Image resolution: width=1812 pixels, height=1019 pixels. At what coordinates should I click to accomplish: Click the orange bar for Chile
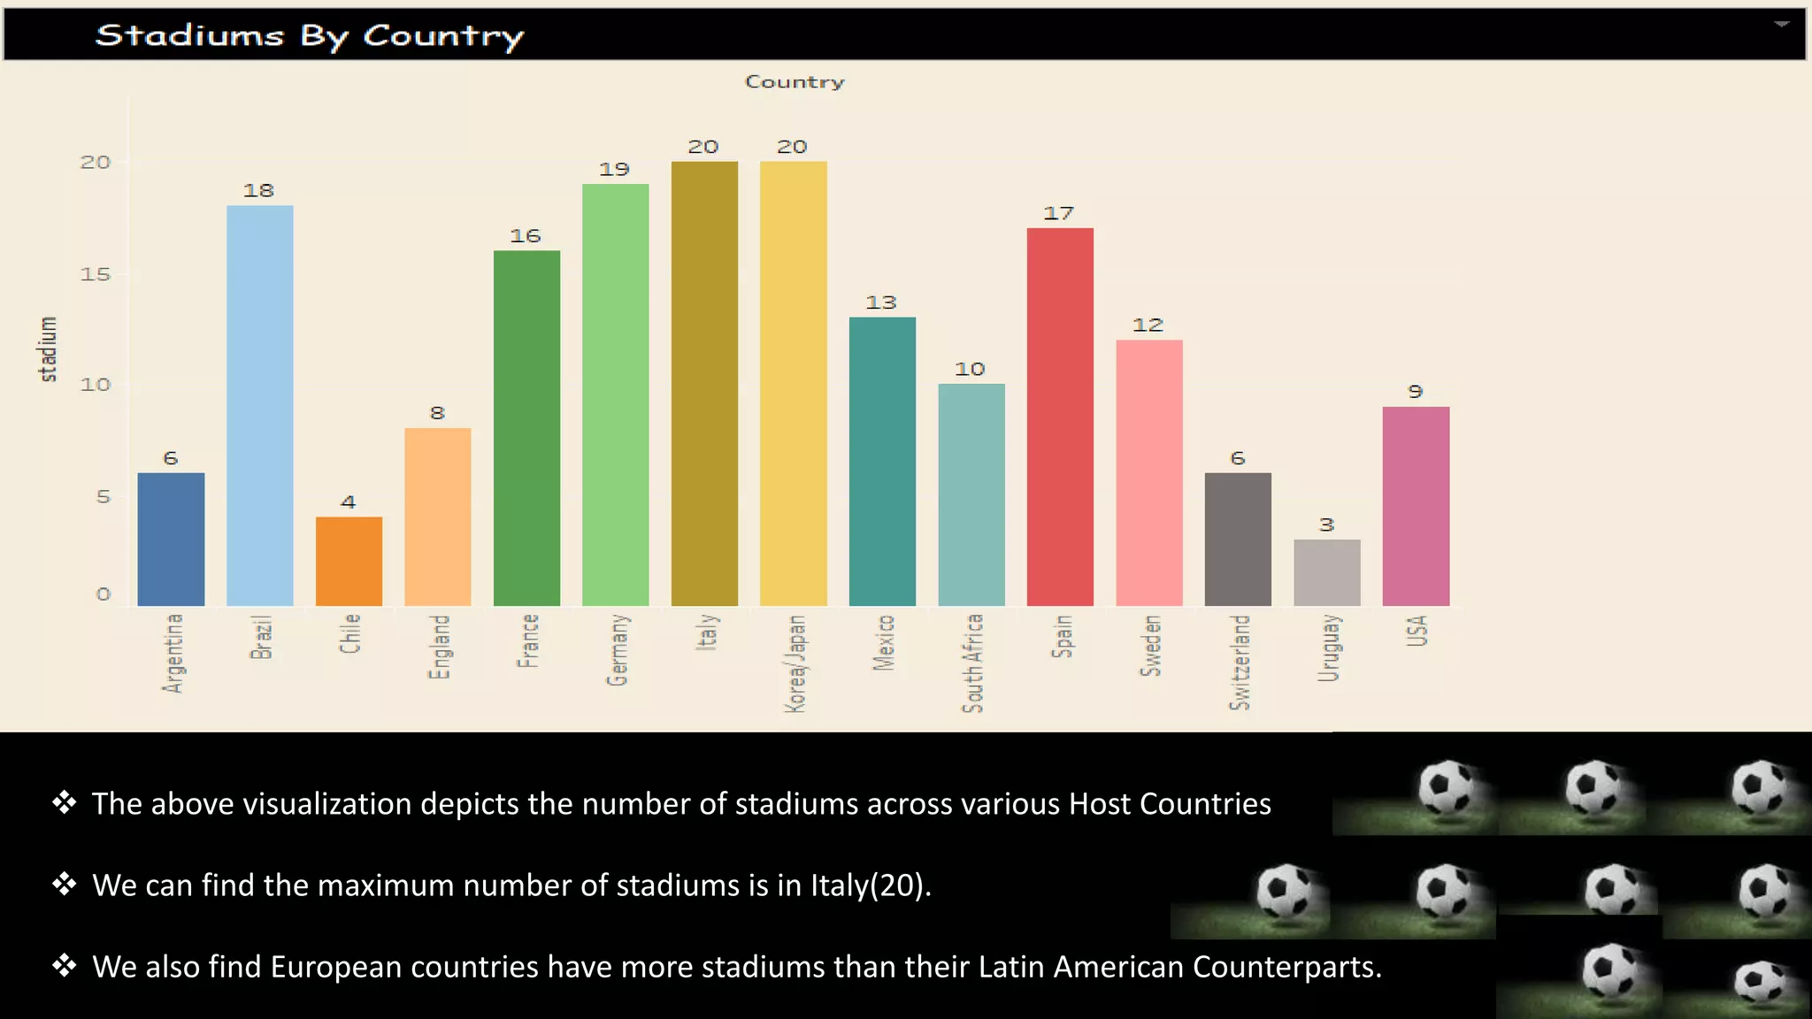coord(349,561)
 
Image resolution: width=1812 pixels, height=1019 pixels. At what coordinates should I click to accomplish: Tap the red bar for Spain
coord(1060,417)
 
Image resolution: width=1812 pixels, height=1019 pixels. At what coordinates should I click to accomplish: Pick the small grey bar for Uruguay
coord(1326,572)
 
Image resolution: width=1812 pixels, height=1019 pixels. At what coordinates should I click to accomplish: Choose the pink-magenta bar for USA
coord(1416,506)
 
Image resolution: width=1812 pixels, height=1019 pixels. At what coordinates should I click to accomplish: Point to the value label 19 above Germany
coord(614,169)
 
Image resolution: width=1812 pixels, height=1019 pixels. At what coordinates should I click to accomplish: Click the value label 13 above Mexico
coord(880,303)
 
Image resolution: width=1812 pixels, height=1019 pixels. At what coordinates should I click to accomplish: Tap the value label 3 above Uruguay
coord(1326,525)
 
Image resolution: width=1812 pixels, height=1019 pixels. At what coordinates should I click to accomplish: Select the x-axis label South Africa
coord(972,663)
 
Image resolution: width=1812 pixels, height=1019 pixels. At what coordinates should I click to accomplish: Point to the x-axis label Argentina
coord(173,653)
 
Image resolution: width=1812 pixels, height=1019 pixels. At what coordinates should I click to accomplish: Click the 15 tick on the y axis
coord(96,274)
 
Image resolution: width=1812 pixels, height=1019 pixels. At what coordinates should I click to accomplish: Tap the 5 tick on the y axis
coord(104,496)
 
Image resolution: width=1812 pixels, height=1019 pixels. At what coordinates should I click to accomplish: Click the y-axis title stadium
coord(49,349)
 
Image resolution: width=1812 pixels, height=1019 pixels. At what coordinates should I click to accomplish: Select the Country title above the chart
coord(794,82)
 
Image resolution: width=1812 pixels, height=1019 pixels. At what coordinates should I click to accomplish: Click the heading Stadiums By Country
coord(309,35)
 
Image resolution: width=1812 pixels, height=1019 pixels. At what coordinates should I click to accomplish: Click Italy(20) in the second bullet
coord(869,885)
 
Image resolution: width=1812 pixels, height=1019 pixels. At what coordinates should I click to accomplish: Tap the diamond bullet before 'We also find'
coord(64,965)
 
